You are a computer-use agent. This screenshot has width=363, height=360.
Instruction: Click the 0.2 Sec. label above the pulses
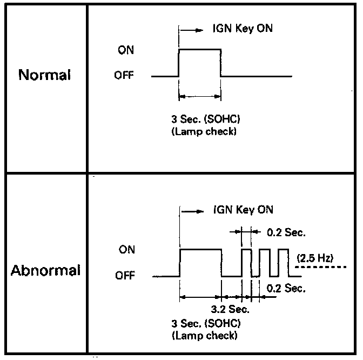click(286, 234)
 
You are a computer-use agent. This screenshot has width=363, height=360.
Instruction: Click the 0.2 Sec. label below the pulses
click(286, 289)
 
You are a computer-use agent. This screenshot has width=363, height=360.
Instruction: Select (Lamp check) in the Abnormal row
click(204, 335)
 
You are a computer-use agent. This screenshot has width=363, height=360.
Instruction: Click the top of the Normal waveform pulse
click(199, 49)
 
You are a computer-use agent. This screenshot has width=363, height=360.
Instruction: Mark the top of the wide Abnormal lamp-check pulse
click(200, 250)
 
